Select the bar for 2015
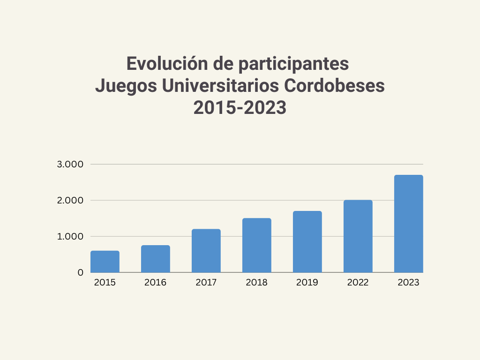pos(105,262)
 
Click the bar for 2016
pos(156,259)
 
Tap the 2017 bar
pos(206,251)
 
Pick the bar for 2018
pos(257,245)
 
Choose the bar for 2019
pos(307,242)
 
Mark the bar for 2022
pos(358,236)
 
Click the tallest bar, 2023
pos(409,224)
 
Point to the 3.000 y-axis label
pos(70,165)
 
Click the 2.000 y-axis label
pos(70,201)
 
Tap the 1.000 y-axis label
pos(70,237)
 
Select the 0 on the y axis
pos(80,272)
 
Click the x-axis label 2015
pos(105,283)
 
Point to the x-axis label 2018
pos(257,283)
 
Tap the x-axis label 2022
pos(358,283)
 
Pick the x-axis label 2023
pos(409,283)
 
